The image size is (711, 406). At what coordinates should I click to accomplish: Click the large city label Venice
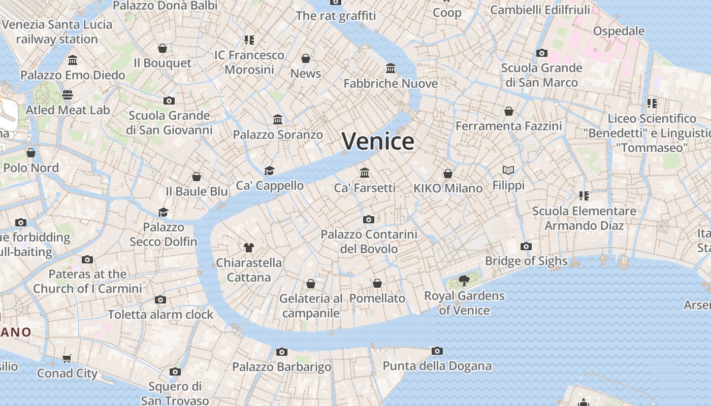click(x=378, y=141)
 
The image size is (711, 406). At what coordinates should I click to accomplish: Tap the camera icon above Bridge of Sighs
click(x=526, y=247)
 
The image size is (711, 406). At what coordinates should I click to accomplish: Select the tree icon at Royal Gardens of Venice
click(x=464, y=280)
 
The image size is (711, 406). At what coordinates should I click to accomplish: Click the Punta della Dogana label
click(x=437, y=366)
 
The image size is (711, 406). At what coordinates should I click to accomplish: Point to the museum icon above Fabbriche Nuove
click(x=391, y=68)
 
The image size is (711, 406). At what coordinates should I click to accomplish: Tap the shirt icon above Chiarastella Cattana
click(x=248, y=248)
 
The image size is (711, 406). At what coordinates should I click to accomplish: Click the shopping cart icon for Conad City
click(x=67, y=358)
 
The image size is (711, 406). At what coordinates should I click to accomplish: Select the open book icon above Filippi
click(x=508, y=170)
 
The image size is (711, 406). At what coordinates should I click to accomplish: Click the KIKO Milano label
click(x=447, y=188)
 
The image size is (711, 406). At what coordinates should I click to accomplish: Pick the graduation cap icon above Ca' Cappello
click(x=269, y=171)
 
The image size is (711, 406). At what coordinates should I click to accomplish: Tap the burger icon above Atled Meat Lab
click(x=68, y=95)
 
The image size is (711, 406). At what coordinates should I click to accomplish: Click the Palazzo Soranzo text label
click(x=278, y=135)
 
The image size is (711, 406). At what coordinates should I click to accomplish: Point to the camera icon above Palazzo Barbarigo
click(x=282, y=352)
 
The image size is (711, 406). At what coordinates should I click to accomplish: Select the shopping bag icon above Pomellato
click(x=377, y=283)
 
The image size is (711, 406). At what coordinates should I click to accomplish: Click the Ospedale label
click(x=619, y=31)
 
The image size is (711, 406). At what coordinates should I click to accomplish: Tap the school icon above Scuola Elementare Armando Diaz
click(x=584, y=195)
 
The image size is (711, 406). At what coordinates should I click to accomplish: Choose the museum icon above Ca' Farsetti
click(x=365, y=173)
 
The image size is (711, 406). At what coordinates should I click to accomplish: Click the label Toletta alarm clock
click(x=160, y=315)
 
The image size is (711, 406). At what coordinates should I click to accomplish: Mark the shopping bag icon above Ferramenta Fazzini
click(x=509, y=111)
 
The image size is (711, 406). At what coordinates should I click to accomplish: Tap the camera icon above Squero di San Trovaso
click(x=175, y=372)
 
